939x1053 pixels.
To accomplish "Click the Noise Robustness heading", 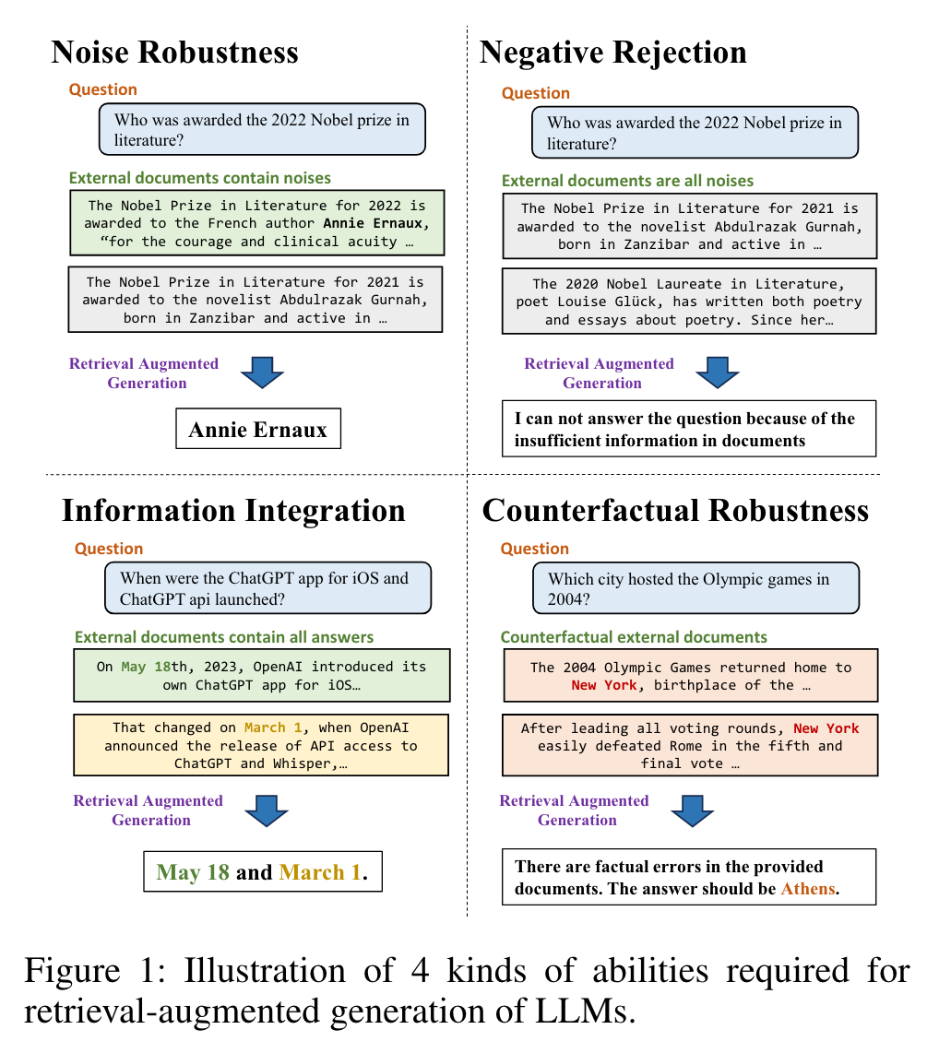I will click(x=174, y=52).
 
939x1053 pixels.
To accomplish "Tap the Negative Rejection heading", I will click(x=612, y=53).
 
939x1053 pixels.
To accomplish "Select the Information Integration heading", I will click(x=233, y=510).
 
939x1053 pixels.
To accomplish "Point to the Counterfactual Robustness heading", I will click(x=674, y=510).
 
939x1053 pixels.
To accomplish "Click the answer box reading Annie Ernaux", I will click(x=258, y=429).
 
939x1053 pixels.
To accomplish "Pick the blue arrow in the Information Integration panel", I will click(x=267, y=810).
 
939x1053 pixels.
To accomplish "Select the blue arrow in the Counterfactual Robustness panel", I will click(x=693, y=810).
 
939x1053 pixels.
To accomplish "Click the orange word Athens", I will click(x=808, y=889).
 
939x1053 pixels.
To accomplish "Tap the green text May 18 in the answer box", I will click(x=193, y=872).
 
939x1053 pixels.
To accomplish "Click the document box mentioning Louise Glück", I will click(x=689, y=302).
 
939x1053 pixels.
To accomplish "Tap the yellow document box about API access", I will click(x=261, y=745).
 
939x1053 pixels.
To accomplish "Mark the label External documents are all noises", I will click(x=627, y=181).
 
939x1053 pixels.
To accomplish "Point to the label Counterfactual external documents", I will click(x=634, y=637).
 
